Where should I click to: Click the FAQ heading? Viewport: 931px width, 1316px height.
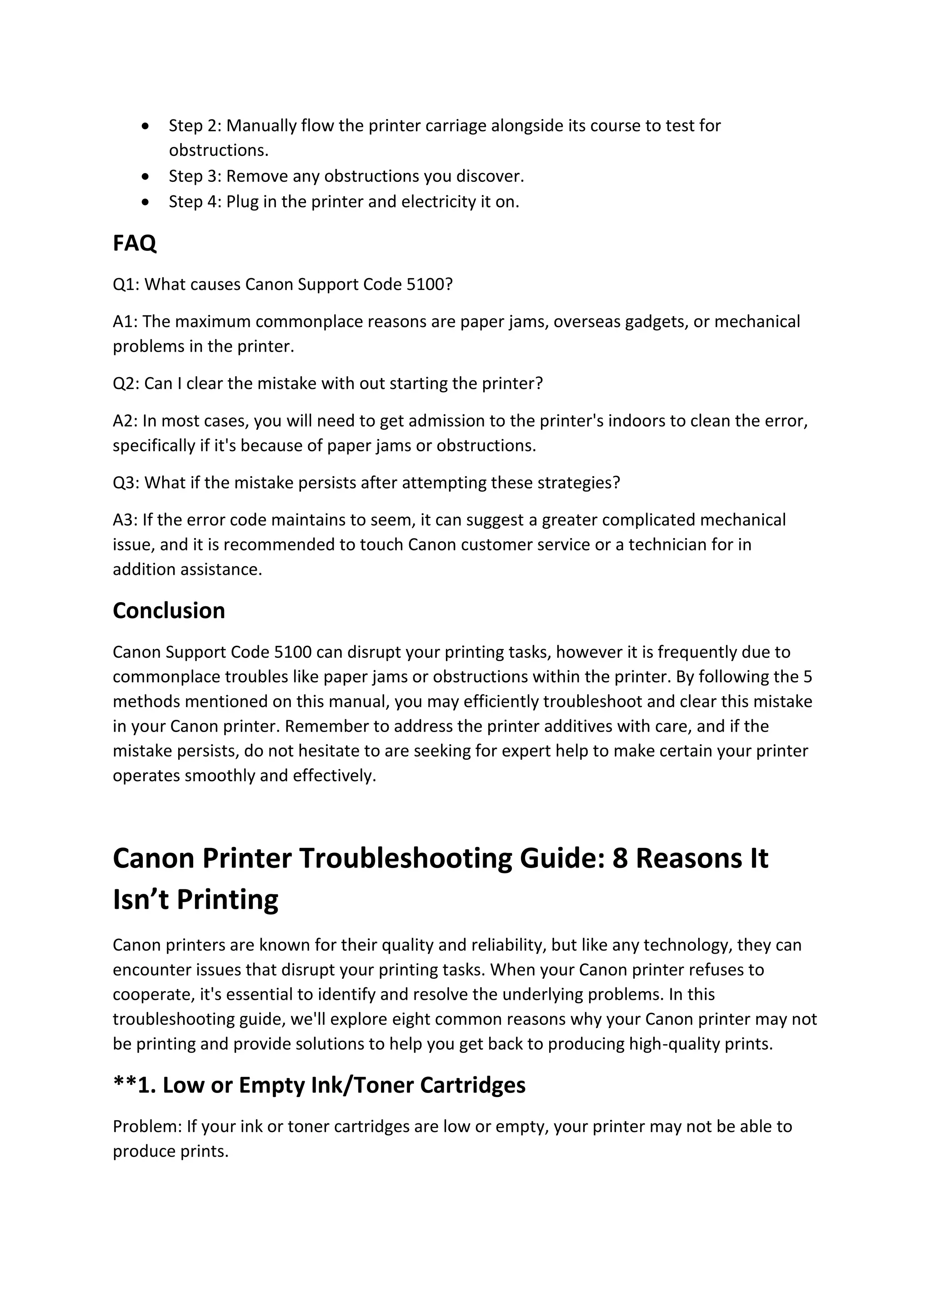(134, 244)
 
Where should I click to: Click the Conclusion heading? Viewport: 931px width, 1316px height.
(169, 610)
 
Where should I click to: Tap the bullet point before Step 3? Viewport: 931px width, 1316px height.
(147, 176)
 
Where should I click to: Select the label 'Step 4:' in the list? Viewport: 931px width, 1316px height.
(195, 202)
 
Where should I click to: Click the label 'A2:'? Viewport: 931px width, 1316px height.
(125, 421)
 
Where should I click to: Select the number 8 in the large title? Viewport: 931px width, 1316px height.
(620, 858)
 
